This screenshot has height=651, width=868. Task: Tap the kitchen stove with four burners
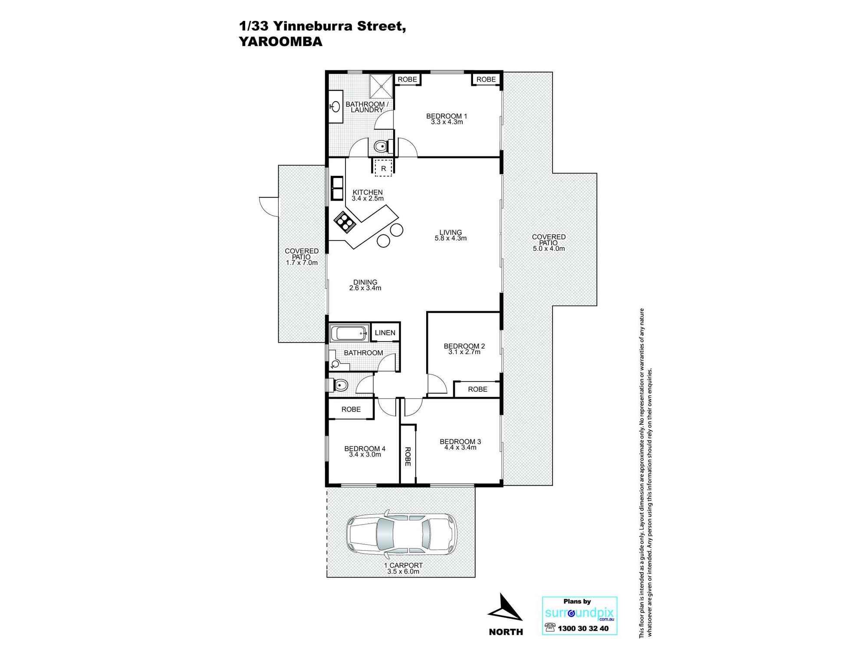[x=345, y=222]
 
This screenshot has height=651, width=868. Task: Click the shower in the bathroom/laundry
[x=381, y=86]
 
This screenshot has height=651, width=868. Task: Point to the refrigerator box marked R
[x=384, y=168]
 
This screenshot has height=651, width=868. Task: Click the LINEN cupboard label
[x=385, y=333]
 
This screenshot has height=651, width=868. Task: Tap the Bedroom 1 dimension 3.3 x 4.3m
[x=447, y=122]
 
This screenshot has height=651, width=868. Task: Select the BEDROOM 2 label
[x=464, y=346]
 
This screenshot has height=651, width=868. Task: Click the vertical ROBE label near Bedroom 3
[x=408, y=457]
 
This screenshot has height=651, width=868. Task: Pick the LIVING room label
[x=450, y=232]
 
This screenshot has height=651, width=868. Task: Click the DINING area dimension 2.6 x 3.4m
[x=365, y=288]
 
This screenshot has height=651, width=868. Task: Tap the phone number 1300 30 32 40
[x=583, y=628]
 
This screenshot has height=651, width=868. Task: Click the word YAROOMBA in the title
[x=281, y=42]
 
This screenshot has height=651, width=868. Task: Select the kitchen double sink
[x=337, y=188]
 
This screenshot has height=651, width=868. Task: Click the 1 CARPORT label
[x=403, y=566]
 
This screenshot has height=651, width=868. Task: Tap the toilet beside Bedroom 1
[x=381, y=147]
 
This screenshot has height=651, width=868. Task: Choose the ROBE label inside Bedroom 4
[x=351, y=409]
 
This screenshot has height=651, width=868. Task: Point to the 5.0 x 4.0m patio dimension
[x=549, y=249]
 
